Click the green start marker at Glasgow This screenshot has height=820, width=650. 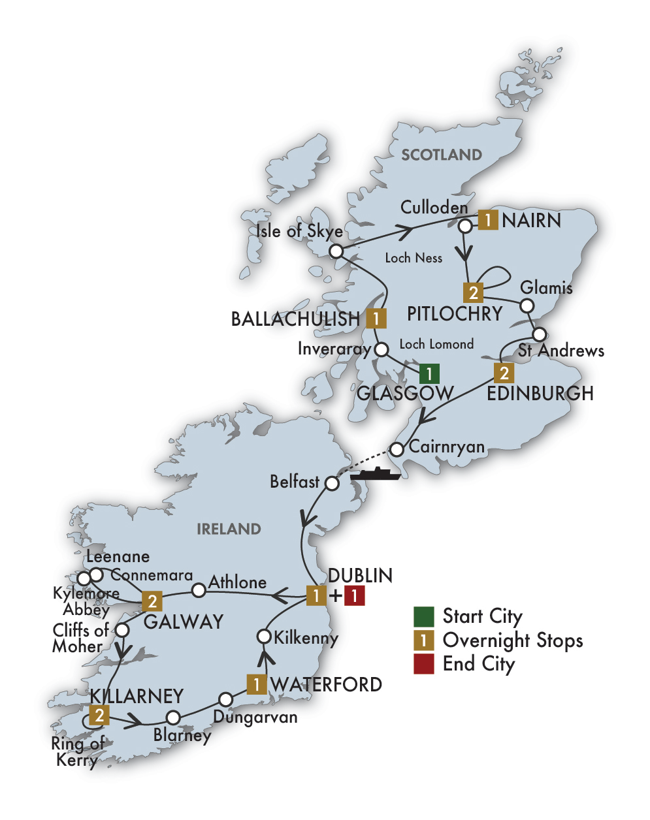pos(429,373)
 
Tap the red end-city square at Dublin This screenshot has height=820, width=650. pos(354,595)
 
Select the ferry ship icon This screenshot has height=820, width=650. pos(375,474)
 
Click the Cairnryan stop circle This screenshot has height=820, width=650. pos(397,449)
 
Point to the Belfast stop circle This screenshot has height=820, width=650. pos(332,483)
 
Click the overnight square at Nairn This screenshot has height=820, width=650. pos(487,219)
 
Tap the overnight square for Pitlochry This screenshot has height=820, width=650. pos(473,292)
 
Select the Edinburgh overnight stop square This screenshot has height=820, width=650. pos(503,373)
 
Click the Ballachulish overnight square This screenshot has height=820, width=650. pos(376,318)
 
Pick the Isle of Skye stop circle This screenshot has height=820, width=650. pos(336,251)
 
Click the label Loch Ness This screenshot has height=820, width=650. pos(414,258)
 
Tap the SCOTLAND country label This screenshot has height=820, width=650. pos(442,155)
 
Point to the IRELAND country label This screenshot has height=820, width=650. pos(229,529)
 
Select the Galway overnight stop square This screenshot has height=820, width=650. pos(152,601)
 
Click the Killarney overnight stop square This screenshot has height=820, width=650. pos(99,716)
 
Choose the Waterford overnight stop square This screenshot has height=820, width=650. pos(256,684)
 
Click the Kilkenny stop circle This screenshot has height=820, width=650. pos(264,636)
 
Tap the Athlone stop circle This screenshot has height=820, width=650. pos(199,590)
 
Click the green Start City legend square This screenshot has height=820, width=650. pos(423,616)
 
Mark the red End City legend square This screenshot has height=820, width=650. pos(423,664)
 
